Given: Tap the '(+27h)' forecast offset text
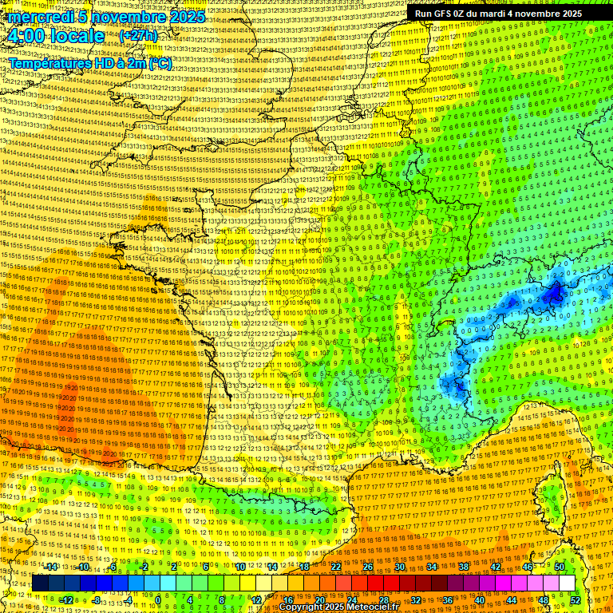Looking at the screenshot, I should coord(138,36).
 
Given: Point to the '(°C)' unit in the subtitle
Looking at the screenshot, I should coord(158,63).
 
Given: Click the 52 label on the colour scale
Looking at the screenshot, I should coord(575,599).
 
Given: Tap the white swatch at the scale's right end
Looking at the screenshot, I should coord(567,583).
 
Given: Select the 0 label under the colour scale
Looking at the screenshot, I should coord(158,599).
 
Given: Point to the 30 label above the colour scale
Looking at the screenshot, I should coord(400,566).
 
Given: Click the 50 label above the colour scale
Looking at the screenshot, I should coord(560,566).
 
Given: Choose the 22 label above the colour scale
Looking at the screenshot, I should coord(336,566).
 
